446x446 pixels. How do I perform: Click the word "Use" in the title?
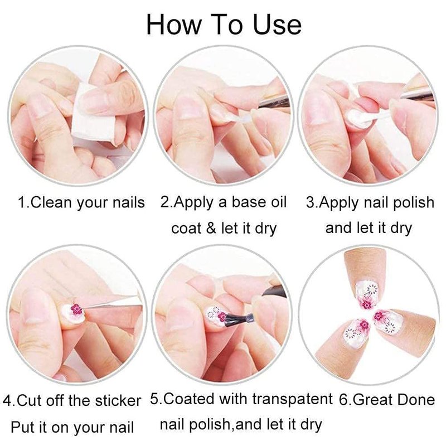pyautogui.click(x=277, y=25)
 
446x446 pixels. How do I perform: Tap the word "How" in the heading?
pyautogui.click(x=173, y=25)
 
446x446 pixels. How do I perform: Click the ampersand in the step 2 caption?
pyautogui.click(x=211, y=228)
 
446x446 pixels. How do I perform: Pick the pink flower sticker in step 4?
pyautogui.click(x=76, y=309)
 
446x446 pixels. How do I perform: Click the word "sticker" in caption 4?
pyautogui.click(x=118, y=401)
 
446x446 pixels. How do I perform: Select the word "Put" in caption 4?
pyautogui.click(x=22, y=427)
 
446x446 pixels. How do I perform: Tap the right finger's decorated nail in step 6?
pyautogui.click(x=387, y=322)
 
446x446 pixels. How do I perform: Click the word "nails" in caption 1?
pyautogui.click(x=129, y=202)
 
